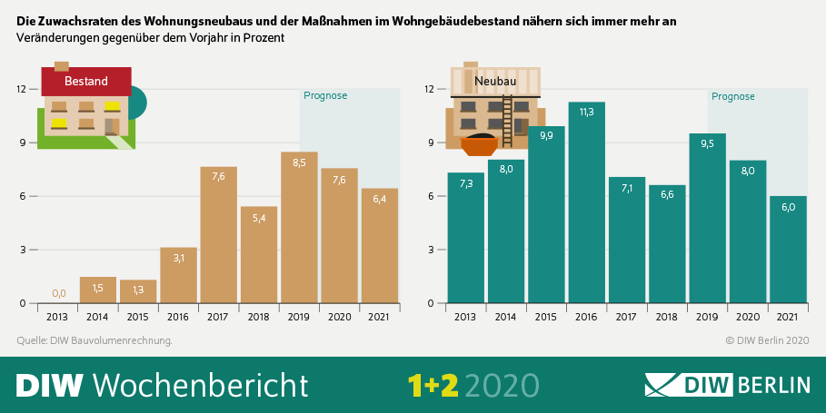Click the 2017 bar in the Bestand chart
point(218,236)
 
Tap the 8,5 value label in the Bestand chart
point(299,163)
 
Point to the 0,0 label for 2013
point(58,293)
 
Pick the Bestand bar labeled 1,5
point(98,290)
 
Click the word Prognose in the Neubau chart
point(733,96)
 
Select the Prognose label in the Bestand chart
point(325,95)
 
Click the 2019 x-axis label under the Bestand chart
point(299,317)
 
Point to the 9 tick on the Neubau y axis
point(432,143)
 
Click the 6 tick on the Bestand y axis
point(22,196)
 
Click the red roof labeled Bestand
point(86,81)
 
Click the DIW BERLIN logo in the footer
point(727,384)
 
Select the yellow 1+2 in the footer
point(433,385)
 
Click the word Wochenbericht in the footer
point(201,385)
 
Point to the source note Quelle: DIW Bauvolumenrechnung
point(95,340)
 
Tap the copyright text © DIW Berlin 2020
point(767,340)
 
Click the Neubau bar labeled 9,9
point(546,218)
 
